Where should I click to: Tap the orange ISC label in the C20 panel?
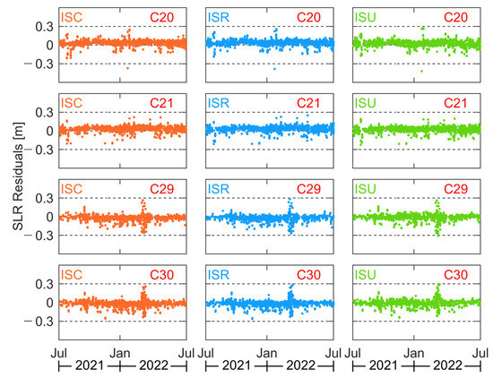coord(73,16)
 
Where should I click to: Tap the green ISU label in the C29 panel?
coord(367,191)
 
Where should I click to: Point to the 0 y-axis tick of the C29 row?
coord(48,217)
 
